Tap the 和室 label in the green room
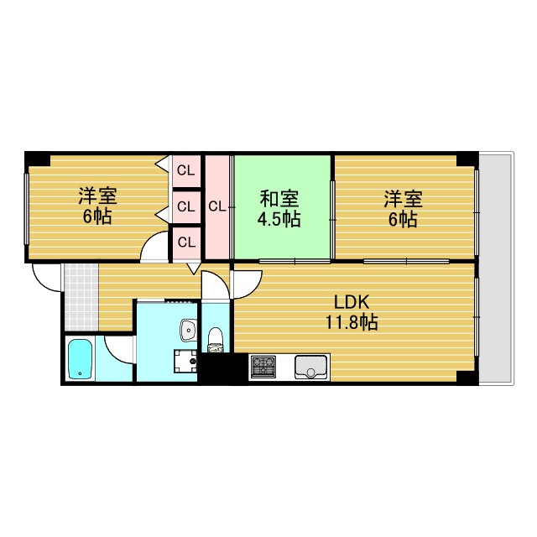pos(280,200)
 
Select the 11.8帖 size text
pos(352,322)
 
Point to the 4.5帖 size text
pos(280,220)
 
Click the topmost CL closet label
pos(186,171)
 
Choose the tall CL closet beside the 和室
pos(216,206)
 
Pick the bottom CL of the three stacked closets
pos(186,242)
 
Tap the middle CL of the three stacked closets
pos(186,206)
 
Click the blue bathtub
pos(81,358)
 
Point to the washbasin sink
pos(185,329)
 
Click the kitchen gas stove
pos(263,366)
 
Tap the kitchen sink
pos(311,367)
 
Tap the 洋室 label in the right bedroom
pos(403,200)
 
